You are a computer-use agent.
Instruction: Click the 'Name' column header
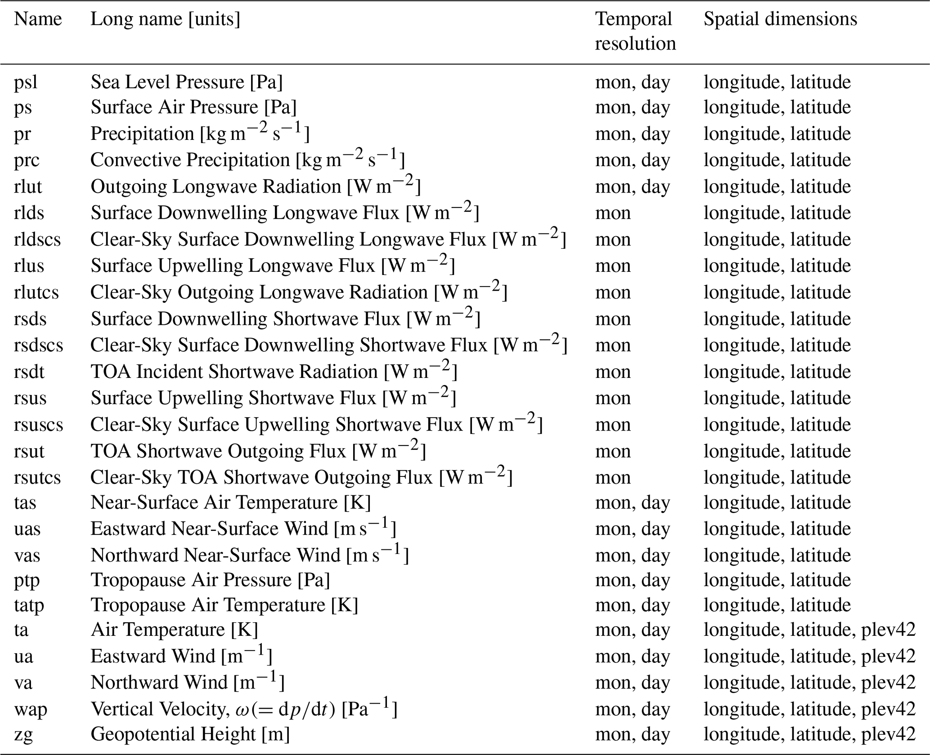pyautogui.click(x=38, y=19)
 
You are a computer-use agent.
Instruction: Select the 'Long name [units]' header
pyautogui.click(x=165, y=19)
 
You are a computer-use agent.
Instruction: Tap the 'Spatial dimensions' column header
pyautogui.click(x=780, y=19)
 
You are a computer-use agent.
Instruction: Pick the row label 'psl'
pyautogui.click(x=26, y=82)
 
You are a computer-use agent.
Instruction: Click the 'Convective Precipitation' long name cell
pyautogui.click(x=247, y=160)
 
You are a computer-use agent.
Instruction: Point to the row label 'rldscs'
pyautogui.click(x=37, y=239)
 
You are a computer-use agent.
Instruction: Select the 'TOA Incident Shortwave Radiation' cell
pyautogui.click(x=274, y=372)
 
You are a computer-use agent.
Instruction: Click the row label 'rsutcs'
pyautogui.click(x=37, y=477)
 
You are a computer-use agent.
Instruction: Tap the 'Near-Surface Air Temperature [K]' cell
pyautogui.click(x=230, y=503)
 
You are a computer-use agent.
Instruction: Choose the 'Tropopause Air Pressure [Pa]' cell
pyautogui.click(x=210, y=580)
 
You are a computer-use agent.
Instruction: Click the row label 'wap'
pyautogui.click(x=31, y=710)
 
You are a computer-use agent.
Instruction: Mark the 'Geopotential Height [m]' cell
pyautogui.click(x=190, y=734)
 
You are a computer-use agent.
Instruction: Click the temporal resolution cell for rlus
pyautogui.click(x=613, y=266)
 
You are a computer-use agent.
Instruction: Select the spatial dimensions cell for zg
pyautogui.click(x=809, y=734)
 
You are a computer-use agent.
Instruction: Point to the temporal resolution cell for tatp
pyautogui.click(x=633, y=605)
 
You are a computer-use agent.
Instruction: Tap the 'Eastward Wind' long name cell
pyautogui.click(x=181, y=656)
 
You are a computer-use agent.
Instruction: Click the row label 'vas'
pyautogui.click(x=27, y=556)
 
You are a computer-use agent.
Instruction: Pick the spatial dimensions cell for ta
pyautogui.click(x=809, y=630)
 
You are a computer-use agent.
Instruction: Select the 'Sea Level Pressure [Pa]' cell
pyautogui.click(x=186, y=82)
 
